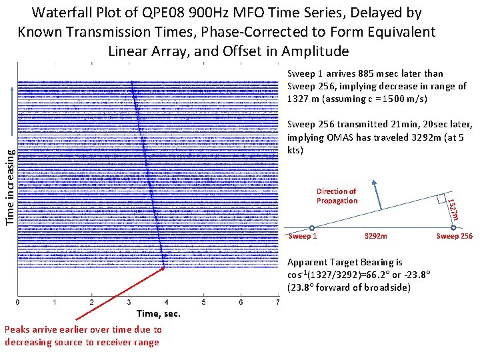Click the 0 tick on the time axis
pyautogui.click(x=18, y=303)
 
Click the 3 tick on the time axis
pyautogui.click(x=129, y=303)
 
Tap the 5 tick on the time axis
pyautogui.click(x=203, y=303)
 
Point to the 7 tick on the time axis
pyautogui.click(x=277, y=303)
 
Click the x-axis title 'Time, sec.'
pyautogui.click(x=158, y=313)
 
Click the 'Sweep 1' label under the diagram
pyautogui.click(x=302, y=236)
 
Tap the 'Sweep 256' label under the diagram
pyautogui.click(x=454, y=236)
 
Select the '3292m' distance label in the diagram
pyautogui.click(x=375, y=236)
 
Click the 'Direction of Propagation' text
pyautogui.click(x=337, y=196)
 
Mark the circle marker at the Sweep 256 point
pyautogui.click(x=453, y=227)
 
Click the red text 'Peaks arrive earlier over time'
pyautogui.click(x=83, y=329)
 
